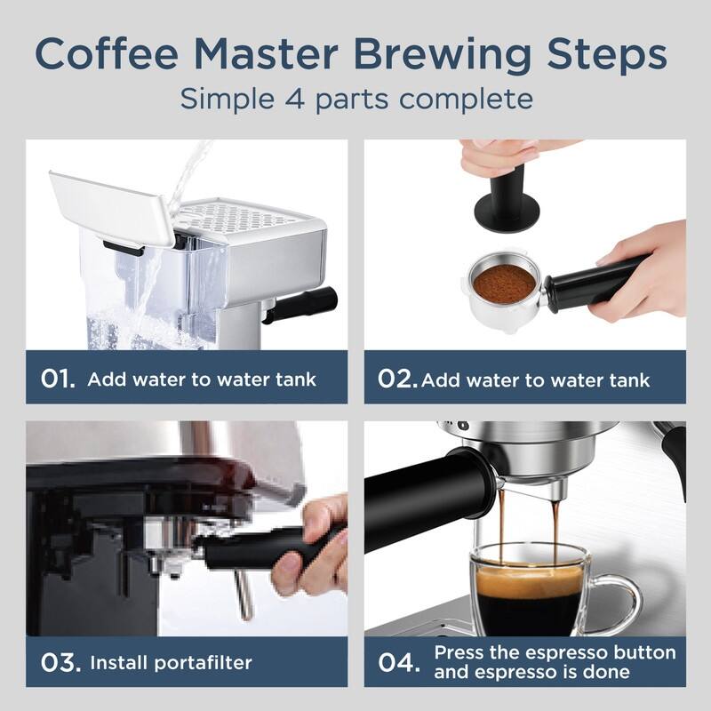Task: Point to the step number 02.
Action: (x=396, y=379)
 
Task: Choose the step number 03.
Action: (x=60, y=661)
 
